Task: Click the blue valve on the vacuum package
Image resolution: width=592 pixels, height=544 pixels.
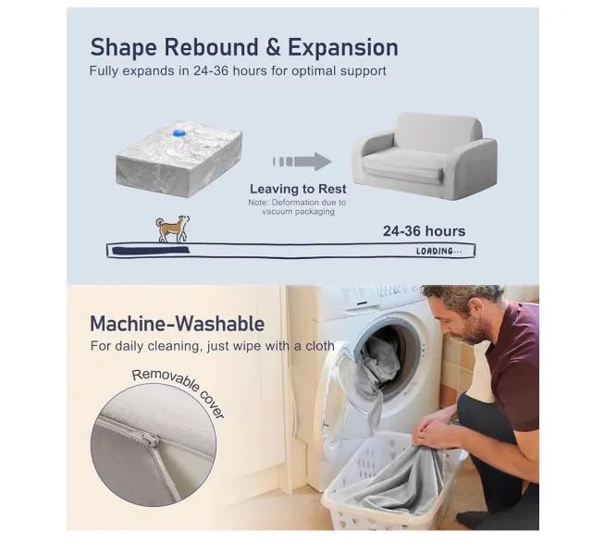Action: (x=179, y=133)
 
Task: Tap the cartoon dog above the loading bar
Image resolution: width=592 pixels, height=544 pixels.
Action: (x=173, y=229)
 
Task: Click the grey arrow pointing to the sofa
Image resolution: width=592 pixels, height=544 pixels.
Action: (x=302, y=162)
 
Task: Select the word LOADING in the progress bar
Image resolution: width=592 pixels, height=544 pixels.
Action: (x=434, y=251)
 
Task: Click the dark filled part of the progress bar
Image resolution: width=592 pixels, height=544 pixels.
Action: (x=151, y=250)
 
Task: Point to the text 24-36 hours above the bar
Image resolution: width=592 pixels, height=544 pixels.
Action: (x=424, y=231)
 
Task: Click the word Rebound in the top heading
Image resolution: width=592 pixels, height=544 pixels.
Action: (x=212, y=47)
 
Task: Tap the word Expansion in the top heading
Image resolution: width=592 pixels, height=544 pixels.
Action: (x=343, y=48)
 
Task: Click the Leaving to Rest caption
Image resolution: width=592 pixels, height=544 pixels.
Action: (x=298, y=189)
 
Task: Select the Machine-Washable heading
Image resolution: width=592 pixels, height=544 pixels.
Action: (x=177, y=324)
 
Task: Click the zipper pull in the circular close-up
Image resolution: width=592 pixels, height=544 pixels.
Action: (x=151, y=439)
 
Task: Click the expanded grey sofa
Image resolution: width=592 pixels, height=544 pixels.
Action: (x=425, y=155)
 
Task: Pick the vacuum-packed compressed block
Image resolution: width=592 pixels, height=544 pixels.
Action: (x=179, y=158)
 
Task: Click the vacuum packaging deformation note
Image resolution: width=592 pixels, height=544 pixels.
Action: (x=297, y=207)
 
